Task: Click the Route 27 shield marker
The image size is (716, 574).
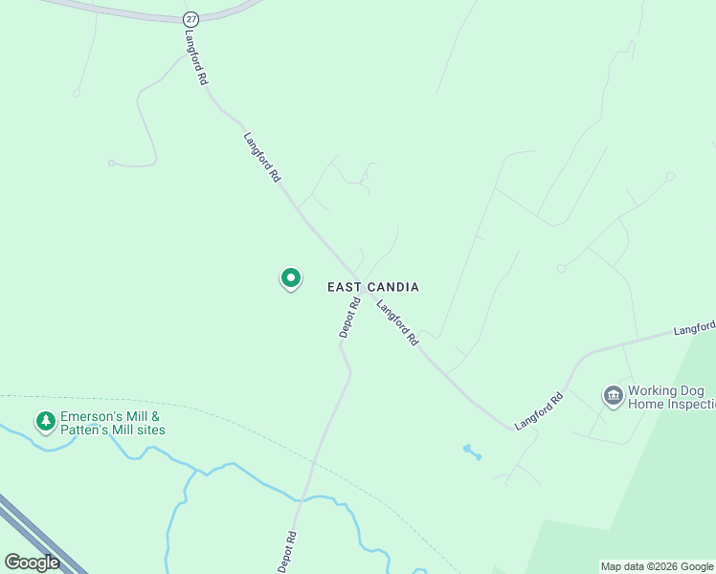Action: [x=191, y=19]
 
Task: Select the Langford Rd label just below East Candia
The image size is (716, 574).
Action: [x=398, y=323]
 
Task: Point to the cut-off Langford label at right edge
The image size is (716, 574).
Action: [x=694, y=329]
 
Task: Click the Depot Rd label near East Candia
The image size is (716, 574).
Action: [x=348, y=318]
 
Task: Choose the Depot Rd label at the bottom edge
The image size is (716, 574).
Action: [x=287, y=553]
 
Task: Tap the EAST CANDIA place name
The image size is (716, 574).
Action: [x=373, y=287]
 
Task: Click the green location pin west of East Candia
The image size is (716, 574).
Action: [x=291, y=278]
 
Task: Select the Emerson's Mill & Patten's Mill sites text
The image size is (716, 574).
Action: [x=113, y=423]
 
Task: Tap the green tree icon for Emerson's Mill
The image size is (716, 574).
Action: [x=45, y=421]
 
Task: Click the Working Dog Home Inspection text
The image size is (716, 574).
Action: [x=671, y=398]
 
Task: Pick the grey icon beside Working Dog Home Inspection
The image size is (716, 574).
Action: [x=613, y=395]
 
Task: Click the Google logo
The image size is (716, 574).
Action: [x=32, y=563]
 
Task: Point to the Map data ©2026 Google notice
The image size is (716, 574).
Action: [x=657, y=566]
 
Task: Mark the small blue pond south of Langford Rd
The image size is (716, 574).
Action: [x=469, y=450]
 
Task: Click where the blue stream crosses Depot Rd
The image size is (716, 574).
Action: [x=305, y=497]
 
